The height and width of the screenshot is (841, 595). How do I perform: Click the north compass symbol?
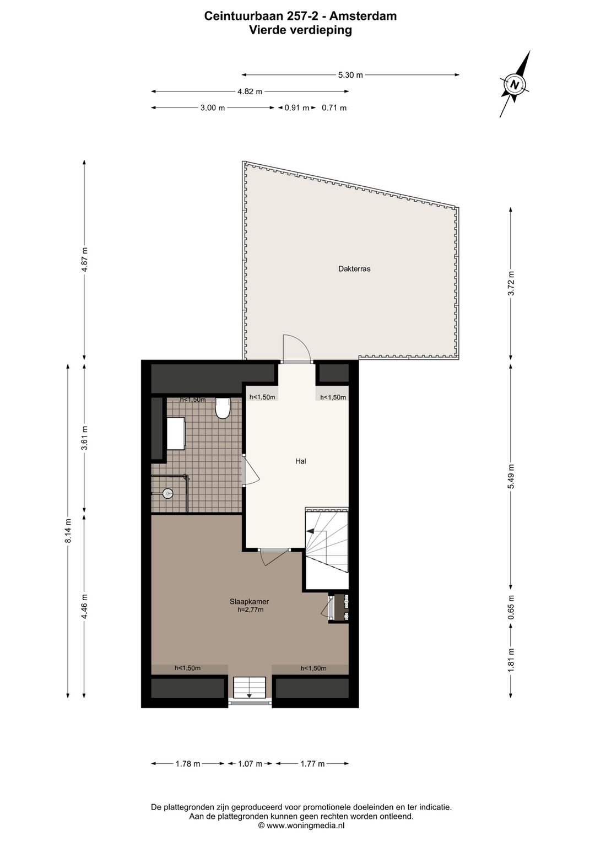coord(515,85)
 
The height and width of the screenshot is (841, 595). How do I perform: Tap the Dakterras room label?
coord(354,269)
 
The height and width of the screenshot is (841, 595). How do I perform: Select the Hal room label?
coord(300,461)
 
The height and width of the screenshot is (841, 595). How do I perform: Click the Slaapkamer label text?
coord(249,602)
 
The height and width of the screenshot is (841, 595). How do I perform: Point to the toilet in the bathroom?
coord(223,408)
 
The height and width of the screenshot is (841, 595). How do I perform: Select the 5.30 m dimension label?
coord(350,75)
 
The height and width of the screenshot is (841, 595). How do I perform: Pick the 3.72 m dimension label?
coord(511,283)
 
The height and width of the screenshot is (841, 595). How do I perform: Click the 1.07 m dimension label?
coord(250,764)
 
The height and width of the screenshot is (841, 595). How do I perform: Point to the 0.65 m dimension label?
coord(511,607)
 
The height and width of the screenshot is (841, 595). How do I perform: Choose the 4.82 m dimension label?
coord(250,91)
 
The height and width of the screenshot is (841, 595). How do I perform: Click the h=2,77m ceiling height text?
coord(247,610)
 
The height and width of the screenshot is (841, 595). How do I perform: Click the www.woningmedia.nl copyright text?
coord(301,826)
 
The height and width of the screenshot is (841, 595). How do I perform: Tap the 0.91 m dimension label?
coord(296,108)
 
